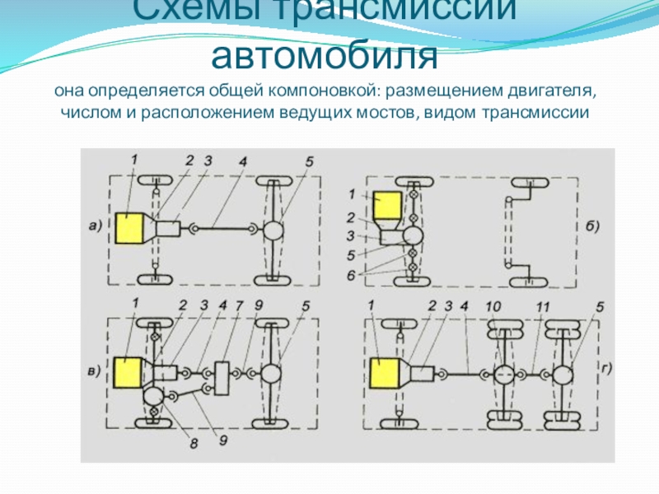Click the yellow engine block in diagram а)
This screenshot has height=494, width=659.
point(130,228)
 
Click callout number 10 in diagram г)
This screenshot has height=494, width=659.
point(493,306)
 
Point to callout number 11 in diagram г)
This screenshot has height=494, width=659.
point(542,306)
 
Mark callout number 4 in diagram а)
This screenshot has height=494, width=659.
point(243,161)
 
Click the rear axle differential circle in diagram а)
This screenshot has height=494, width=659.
point(273,230)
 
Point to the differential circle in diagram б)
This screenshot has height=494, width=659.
point(411,235)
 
